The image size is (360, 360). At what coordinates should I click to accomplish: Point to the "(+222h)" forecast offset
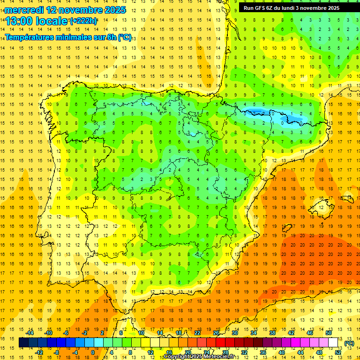click(83, 21)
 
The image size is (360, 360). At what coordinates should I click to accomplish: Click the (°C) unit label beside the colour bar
click(349, 343)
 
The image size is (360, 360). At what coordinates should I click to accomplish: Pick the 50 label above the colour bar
click(329, 333)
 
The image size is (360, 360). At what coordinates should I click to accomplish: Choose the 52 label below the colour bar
click(337, 352)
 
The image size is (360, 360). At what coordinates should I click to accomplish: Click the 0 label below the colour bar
click(93, 352)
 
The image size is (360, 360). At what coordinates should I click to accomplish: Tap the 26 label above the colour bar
click(216, 333)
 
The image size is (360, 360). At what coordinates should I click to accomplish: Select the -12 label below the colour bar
click(39, 352)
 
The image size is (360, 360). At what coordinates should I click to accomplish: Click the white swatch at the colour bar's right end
click(333, 343)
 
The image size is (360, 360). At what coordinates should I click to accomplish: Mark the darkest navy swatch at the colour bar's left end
click(23, 343)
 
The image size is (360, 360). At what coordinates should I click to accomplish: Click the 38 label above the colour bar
click(272, 333)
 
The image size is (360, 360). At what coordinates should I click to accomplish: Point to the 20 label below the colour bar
click(187, 352)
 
